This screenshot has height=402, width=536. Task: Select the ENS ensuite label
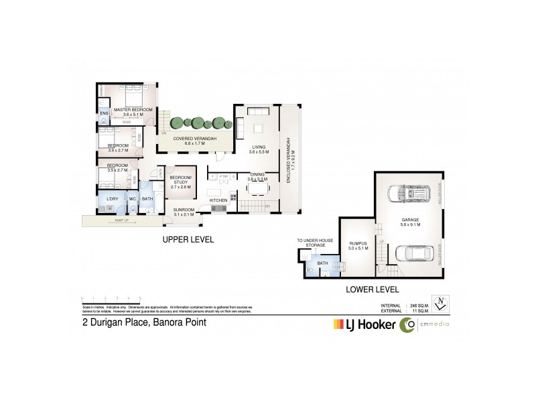(104, 114)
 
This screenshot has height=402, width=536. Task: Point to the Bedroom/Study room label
(180, 180)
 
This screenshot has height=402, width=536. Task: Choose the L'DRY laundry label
(112, 198)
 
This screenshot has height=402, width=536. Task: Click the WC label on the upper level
(133, 198)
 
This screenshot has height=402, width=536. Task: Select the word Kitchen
(218, 200)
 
